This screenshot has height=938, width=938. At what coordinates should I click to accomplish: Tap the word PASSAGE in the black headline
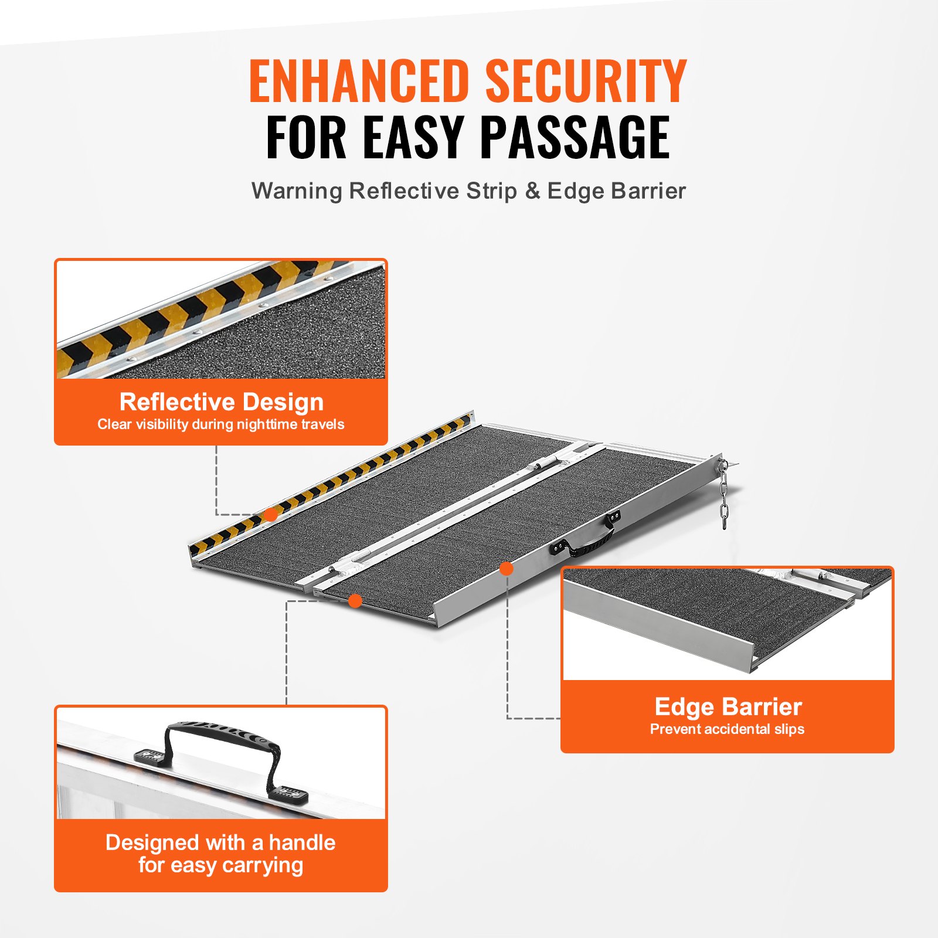point(575,138)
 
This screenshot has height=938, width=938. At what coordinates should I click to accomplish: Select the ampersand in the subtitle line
point(532,191)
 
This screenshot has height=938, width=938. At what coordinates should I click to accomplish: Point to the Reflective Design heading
point(221,402)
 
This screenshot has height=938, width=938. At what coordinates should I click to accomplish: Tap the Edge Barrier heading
point(728,707)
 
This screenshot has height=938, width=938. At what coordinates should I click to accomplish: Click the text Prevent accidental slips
point(727,729)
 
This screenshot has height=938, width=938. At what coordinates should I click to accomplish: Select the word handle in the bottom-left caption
point(302,843)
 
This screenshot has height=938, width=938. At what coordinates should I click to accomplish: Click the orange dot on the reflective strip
point(270,515)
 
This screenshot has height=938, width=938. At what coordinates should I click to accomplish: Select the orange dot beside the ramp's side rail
point(507,568)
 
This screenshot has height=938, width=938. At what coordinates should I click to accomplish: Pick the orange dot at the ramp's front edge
point(355,600)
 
